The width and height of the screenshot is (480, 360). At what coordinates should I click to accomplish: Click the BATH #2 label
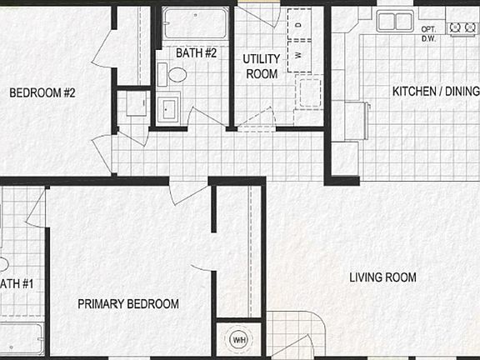pyautogui.click(x=196, y=53)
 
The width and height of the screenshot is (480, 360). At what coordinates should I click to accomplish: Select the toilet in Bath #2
pyautogui.click(x=177, y=74)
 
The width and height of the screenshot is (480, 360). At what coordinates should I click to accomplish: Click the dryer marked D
pyautogui.click(x=298, y=24)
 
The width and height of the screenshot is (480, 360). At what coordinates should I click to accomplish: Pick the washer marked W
pyautogui.click(x=298, y=57)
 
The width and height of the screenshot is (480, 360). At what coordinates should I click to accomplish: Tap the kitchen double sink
pyautogui.click(x=395, y=21)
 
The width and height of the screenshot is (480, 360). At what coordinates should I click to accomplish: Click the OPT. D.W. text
pyautogui.click(x=429, y=33)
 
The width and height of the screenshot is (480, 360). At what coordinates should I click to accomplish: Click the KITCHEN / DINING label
pyautogui.click(x=435, y=91)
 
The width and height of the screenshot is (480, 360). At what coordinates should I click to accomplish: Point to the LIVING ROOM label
pyautogui.click(x=382, y=277)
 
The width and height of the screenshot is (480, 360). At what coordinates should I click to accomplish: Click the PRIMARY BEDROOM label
pyautogui.click(x=128, y=304)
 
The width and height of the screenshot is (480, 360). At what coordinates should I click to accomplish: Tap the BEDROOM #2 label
pyautogui.click(x=42, y=93)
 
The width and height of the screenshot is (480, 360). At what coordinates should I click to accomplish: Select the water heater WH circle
pyautogui.click(x=239, y=340)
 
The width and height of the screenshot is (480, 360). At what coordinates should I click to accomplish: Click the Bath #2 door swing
pyautogui.click(x=205, y=117)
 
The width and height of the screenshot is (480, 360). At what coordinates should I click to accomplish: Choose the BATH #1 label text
pyautogui.click(x=17, y=284)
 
